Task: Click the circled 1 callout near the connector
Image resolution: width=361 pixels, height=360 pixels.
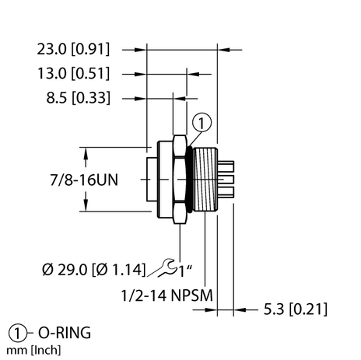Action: (x=201, y=121)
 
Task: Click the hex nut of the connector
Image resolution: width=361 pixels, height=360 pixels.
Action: (x=180, y=180)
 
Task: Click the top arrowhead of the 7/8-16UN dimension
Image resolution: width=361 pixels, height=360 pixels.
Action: (x=82, y=151)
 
